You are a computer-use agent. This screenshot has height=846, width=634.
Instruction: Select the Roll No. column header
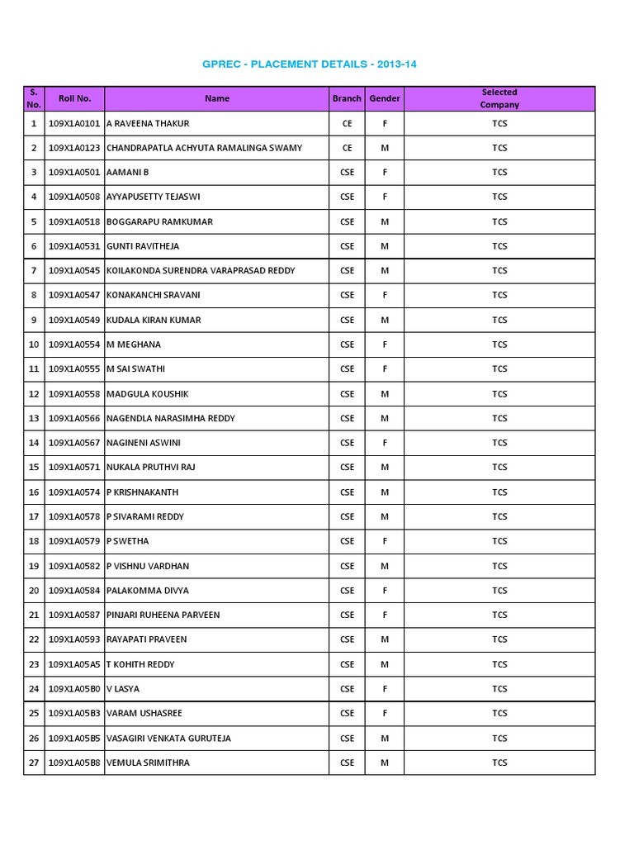[x=74, y=98]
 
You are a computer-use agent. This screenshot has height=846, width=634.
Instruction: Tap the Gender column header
[x=384, y=98]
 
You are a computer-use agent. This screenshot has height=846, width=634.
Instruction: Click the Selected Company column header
[x=499, y=98]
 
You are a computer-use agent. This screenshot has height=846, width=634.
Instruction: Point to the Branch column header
[x=347, y=98]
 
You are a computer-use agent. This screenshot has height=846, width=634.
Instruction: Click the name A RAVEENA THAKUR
[x=149, y=123]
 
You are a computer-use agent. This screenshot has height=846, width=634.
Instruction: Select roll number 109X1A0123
[x=74, y=148]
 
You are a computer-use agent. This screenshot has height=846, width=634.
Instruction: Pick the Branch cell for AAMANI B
[x=347, y=173]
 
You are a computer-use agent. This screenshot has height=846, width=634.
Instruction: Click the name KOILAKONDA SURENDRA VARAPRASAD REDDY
[x=201, y=270]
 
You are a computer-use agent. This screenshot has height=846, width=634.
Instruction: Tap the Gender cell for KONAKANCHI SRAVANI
[x=384, y=295]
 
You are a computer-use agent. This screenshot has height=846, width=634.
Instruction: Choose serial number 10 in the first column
[x=34, y=345]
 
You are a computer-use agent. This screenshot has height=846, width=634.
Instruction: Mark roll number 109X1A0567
[x=74, y=443]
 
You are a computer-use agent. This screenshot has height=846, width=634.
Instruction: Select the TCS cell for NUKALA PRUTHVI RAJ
[x=499, y=467]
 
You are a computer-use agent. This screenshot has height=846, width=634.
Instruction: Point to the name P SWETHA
[x=128, y=541]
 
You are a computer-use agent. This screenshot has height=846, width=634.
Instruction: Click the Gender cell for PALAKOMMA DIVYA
[x=384, y=591]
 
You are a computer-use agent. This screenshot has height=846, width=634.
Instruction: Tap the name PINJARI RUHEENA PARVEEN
[x=163, y=615]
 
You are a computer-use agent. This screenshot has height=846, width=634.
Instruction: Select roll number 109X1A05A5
[x=74, y=664]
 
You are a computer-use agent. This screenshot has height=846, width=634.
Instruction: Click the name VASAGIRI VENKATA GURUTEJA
[x=169, y=738]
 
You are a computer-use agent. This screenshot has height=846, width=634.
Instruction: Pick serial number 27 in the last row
[x=34, y=763]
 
